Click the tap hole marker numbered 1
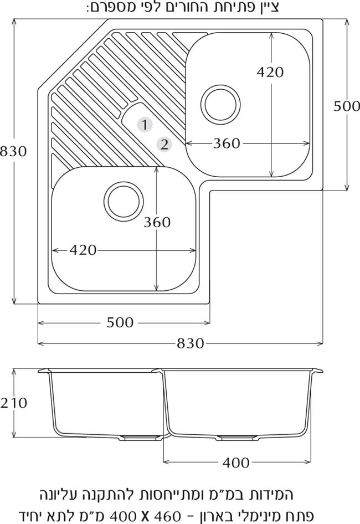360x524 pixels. click(145, 125)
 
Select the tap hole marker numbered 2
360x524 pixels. click(164, 145)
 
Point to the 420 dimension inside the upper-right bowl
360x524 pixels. click(270, 72)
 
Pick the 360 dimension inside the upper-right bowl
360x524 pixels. click(227, 143)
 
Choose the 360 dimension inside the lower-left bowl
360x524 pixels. click(157, 222)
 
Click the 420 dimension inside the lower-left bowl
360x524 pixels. click(83, 250)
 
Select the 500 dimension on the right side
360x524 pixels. click(347, 106)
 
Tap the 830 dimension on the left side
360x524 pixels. click(13, 151)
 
